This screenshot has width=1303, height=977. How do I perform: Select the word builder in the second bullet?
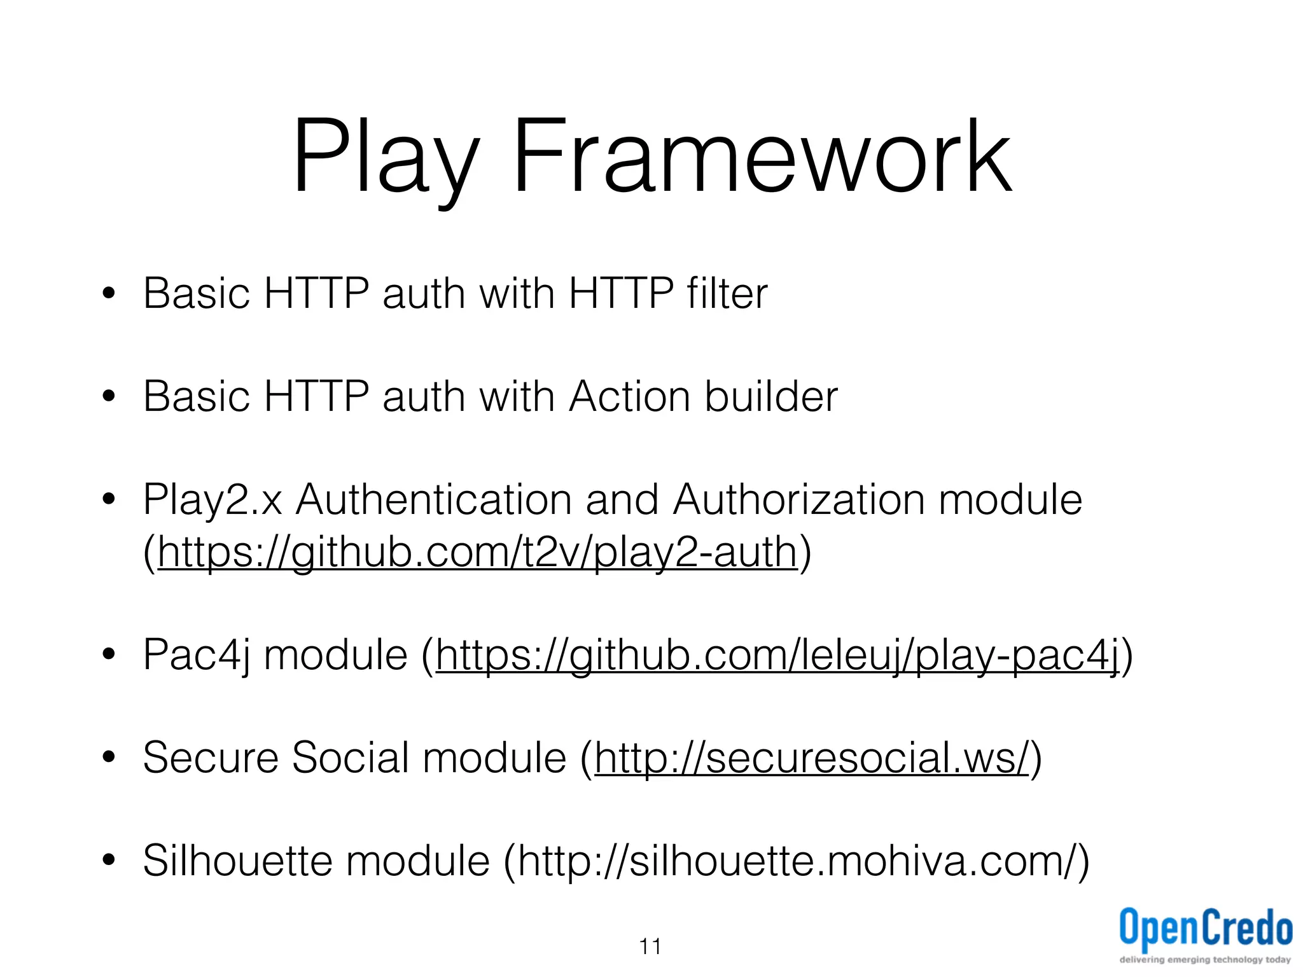pos(771,396)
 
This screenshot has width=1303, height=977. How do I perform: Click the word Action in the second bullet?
pos(629,396)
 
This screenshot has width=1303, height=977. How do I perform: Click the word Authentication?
pos(434,500)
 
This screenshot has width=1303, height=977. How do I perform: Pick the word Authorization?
pos(799,500)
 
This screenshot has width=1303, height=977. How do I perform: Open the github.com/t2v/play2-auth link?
pos(477,552)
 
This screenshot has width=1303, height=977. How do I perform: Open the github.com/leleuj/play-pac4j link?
pos(777,655)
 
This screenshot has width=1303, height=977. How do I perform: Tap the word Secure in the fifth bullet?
pos(211,758)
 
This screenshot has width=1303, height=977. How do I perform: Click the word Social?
pos(350,758)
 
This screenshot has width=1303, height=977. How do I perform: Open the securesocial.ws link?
pos(811,758)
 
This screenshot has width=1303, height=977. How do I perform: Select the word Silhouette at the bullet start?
pos(237,861)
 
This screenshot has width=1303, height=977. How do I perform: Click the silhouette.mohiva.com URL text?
pos(795,861)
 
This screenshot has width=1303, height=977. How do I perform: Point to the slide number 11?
pos(650,947)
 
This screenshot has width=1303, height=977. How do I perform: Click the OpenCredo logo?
pos(1206,929)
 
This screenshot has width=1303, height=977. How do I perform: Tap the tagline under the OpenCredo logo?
pos(1206,960)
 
